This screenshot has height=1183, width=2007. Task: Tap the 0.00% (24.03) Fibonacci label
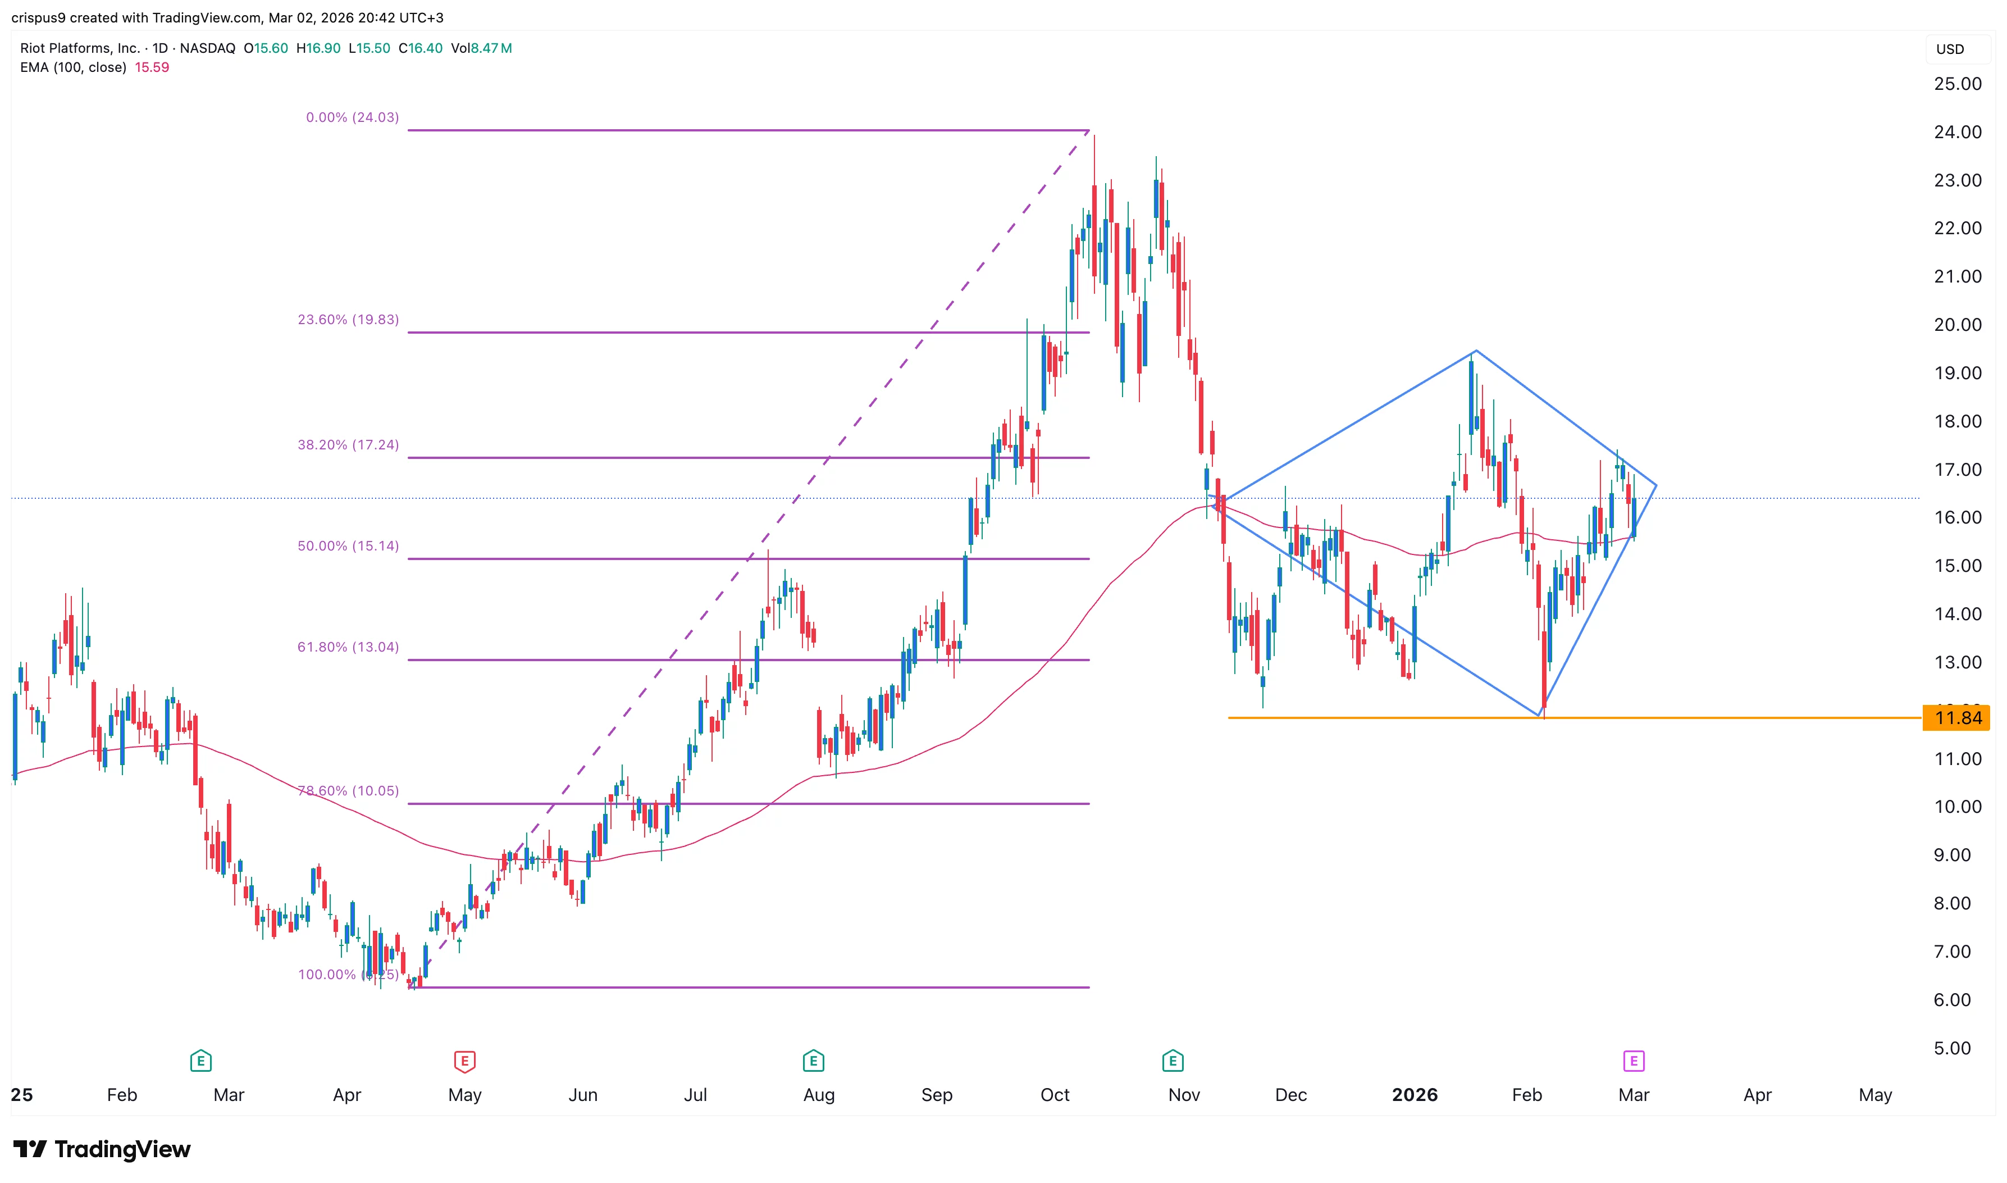[352, 117]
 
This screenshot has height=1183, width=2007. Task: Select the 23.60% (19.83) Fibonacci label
[348, 320]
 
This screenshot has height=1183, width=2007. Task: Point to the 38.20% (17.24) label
[348, 445]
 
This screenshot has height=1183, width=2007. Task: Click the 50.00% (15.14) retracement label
[348, 546]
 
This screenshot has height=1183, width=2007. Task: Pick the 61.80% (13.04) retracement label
[348, 647]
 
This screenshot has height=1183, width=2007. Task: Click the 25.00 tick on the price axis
[1957, 84]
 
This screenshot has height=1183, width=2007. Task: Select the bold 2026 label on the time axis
[1414, 1095]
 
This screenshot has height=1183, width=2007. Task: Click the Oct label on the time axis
[1055, 1095]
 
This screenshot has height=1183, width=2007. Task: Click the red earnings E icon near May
[464, 1061]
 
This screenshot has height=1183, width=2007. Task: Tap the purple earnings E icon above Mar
[1634, 1061]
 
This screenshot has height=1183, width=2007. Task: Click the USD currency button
[1950, 49]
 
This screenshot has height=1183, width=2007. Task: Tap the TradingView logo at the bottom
[102, 1149]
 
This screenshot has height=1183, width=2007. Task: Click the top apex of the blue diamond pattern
[1476, 351]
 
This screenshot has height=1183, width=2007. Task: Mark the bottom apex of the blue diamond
[1539, 715]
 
